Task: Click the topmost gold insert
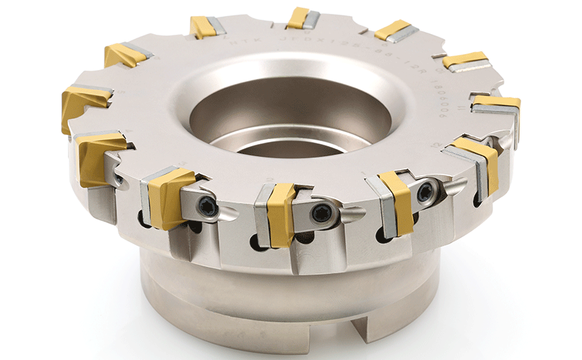tap(298, 17)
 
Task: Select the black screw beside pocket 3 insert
tap(207, 206)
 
